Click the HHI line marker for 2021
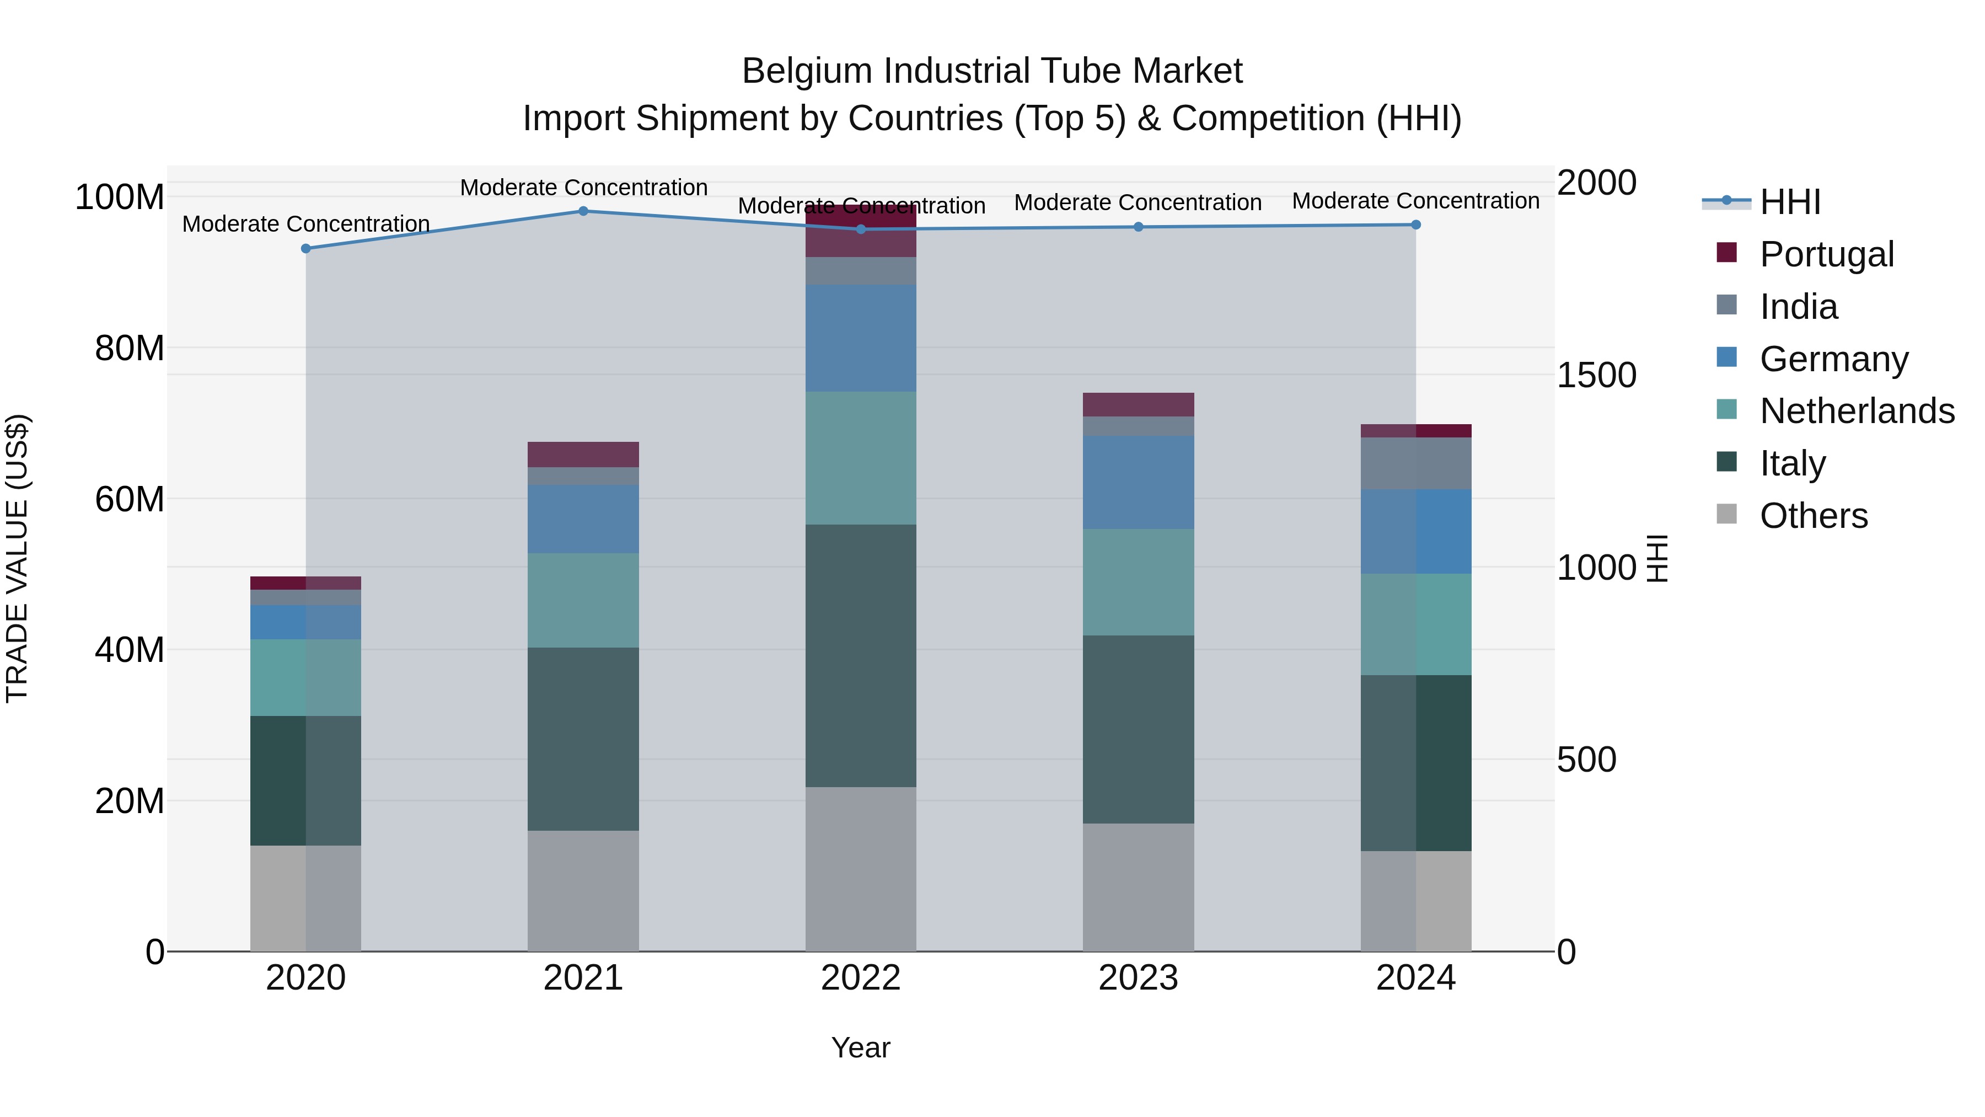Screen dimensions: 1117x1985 click(583, 211)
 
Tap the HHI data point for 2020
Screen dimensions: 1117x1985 click(306, 249)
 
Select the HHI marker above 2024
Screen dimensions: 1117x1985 click(1415, 225)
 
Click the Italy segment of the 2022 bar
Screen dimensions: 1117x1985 click(861, 655)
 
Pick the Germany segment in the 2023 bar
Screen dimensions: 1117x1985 click(1138, 482)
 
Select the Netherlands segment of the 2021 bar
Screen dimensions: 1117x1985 click(583, 600)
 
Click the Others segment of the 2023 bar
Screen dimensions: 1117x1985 click(1138, 886)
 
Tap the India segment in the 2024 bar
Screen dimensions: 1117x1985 click(1415, 463)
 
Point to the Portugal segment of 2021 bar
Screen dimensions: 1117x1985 click(583, 454)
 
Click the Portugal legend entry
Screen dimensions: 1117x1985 click(1826, 254)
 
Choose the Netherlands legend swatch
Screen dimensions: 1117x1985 click(1727, 409)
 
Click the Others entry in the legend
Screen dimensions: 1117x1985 click(1813, 516)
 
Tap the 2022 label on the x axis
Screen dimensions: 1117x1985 click(861, 978)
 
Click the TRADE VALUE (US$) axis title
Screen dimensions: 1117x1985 click(17, 558)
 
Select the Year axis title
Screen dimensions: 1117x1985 click(861, 1047)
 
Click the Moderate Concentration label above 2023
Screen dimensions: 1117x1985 click(1138, 203)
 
